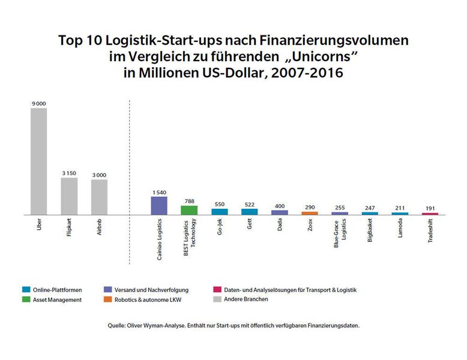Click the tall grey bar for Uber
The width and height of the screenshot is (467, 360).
point(39,161)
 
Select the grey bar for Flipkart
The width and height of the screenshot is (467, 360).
point(69,196)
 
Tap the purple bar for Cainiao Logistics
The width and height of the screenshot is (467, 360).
point(159,205)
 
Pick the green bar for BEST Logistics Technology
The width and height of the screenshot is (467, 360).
point(189,210)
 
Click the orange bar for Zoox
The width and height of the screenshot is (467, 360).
point(310,212)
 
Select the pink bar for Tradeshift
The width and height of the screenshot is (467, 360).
point(430,213)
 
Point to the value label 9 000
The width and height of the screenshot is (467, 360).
point(39,104)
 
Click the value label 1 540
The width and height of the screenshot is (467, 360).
point(159,192)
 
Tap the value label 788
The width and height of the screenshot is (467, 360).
point(189,201)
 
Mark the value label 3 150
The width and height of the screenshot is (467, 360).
point(69,173)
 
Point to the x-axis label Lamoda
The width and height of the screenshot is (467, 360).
point(400,230)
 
